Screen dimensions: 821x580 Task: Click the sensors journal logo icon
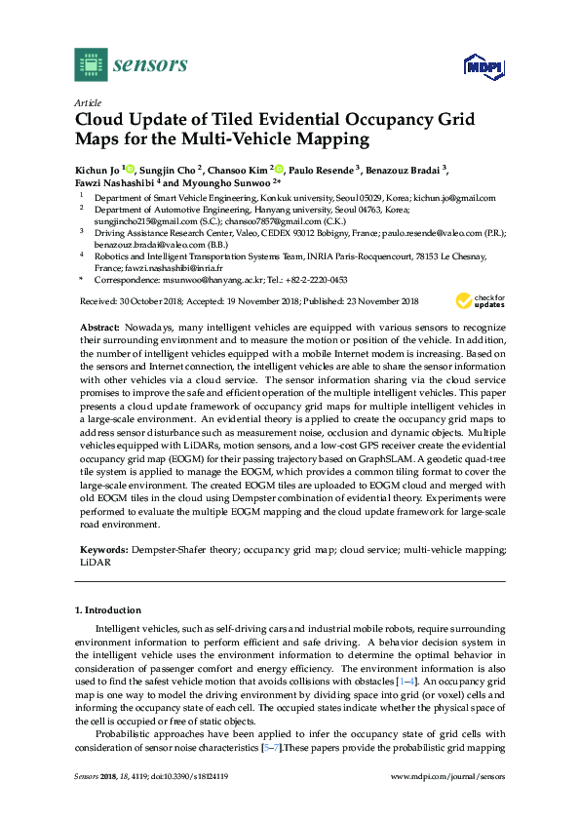(x=90, y=64)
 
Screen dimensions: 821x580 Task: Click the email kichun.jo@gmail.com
(x=454, y=197)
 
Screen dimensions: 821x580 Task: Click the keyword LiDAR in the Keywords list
(x=96, y=563)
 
